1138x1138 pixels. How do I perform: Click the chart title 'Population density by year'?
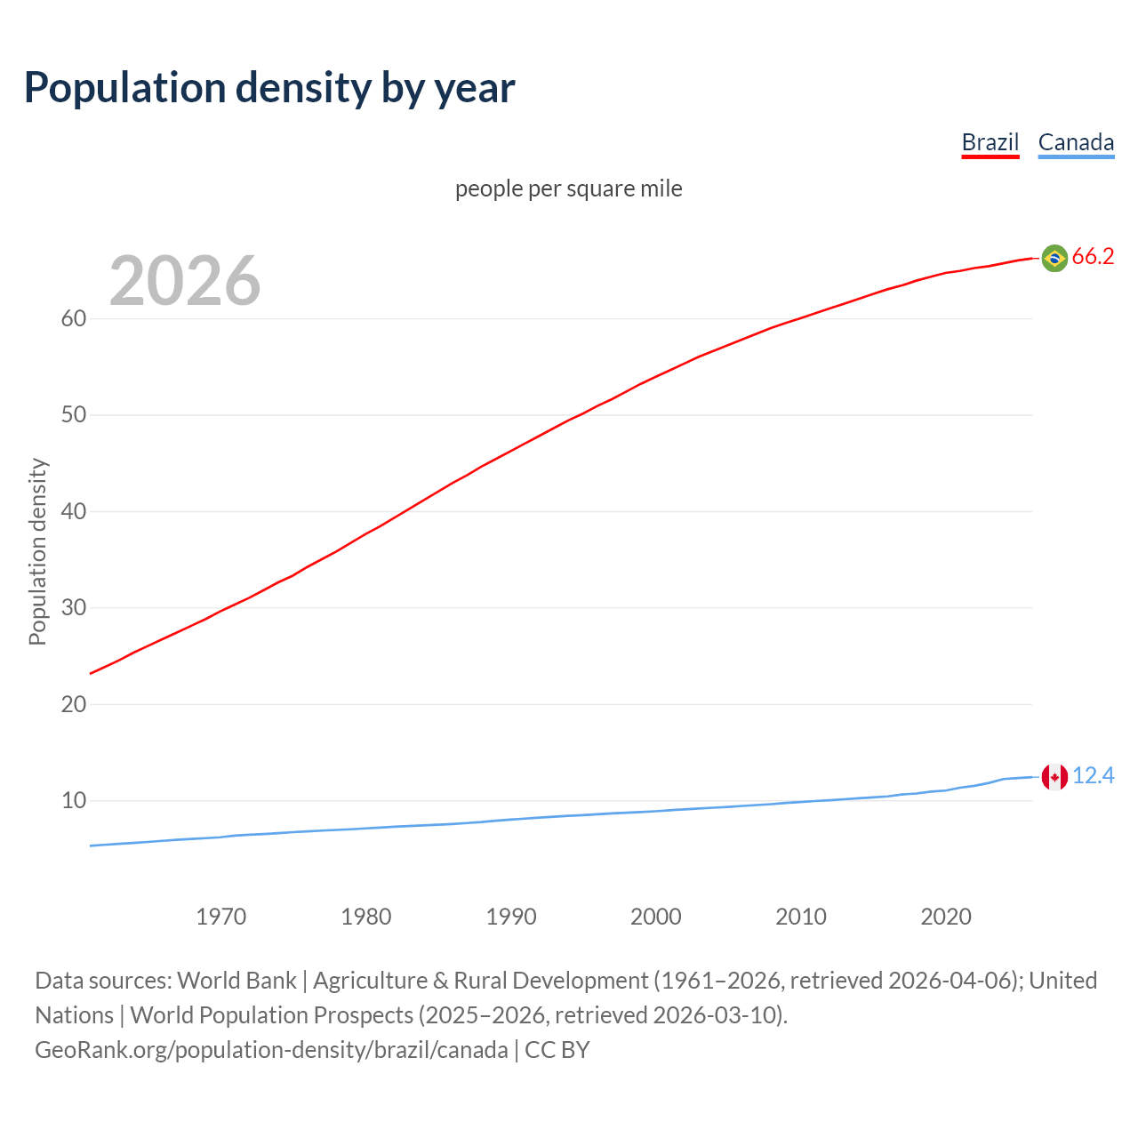[269, 87]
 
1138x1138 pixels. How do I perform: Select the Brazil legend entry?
[990, 142]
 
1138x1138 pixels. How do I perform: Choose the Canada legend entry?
[1076, 142]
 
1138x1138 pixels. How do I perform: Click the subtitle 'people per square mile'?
[568, 188]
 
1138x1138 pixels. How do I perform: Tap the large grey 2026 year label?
[185, 281]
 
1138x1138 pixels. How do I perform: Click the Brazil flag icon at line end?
[1054, 258]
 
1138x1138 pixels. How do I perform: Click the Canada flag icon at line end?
[1054, 777]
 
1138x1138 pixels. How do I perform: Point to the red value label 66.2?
[1093, 257]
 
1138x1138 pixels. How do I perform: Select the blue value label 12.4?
[1093, 776]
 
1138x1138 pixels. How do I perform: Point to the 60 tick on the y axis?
[73, 318]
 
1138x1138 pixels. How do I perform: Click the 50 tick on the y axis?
[73, 415]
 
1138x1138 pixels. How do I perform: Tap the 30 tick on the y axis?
[73, 608]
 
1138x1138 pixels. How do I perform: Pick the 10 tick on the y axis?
[73, 801]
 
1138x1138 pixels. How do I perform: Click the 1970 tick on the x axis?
[220, 917]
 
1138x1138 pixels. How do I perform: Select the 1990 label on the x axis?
[510, 917]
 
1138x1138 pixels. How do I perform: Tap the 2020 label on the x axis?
[945, 917]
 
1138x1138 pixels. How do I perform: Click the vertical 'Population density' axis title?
[37, 551]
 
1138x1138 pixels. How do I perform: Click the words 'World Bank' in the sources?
[236, 981]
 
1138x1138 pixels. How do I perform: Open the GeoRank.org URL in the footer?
[271, 1050]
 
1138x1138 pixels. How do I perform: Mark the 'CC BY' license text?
[557, 1050]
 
